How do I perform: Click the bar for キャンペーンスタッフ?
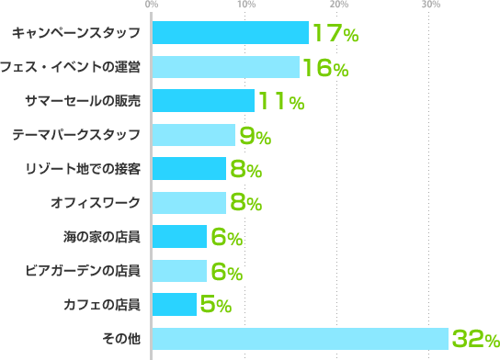click(230, 33)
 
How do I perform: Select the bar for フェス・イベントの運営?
click(225, 67)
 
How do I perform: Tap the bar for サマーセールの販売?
click(202, 101)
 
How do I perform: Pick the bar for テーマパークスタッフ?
click(193, 135)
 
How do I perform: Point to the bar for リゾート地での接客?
click(188, 169)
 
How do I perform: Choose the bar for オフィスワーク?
click(188, 203)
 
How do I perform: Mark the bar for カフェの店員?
click(174, 304)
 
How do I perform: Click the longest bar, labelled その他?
click(300, 338)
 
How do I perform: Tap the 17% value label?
click(335, 35)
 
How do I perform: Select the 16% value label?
click(325, 69)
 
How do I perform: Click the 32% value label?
click(475, 340)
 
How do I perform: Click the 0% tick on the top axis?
click(152, 6)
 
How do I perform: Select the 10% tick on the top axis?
click(245, 6)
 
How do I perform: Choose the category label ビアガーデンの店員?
click(96, 271)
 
